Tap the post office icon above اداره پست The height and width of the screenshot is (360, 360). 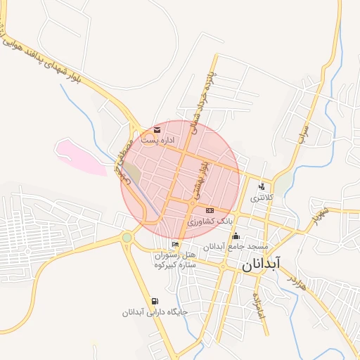(156, 130)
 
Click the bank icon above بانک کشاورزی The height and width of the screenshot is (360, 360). (210, 211)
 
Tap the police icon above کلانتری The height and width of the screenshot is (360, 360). (262, 187)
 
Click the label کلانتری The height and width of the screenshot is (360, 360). (261, 198)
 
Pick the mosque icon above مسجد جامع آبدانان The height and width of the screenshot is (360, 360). (236, 236)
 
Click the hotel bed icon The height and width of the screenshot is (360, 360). (175, 244)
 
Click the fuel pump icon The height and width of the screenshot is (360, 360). (154, 302)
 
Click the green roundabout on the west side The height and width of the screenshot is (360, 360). (127, 238)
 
